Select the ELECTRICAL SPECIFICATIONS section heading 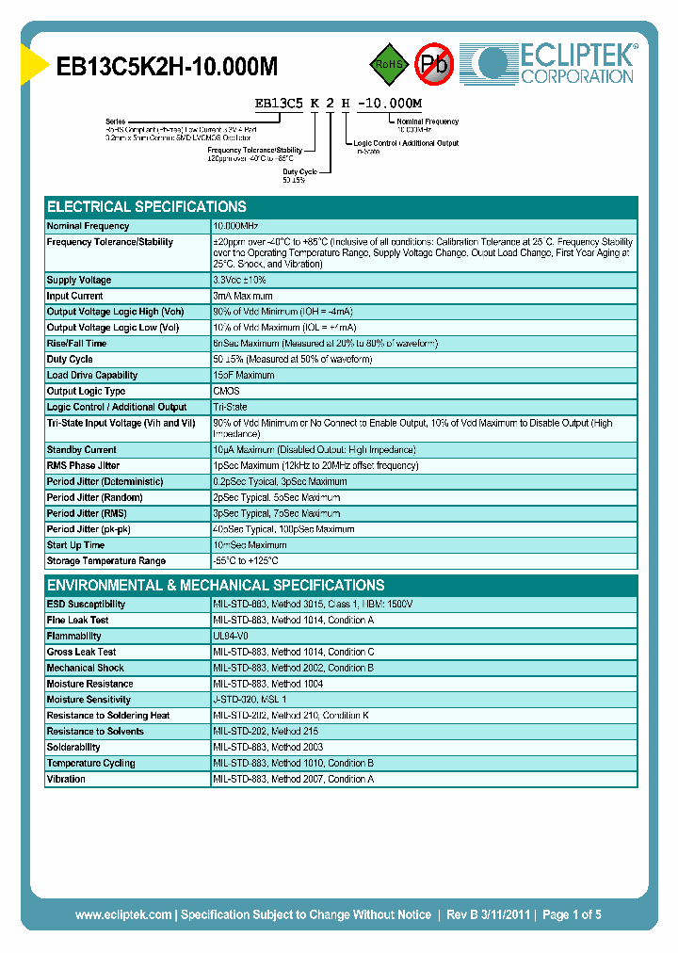[147, 206]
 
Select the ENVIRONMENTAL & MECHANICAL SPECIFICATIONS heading [216, 585]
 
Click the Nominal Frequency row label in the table [89, 226]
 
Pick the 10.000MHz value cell [236, 226]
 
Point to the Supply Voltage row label [79, 281]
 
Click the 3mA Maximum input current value [243, 297]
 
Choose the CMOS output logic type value [227, 392]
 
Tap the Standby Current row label [82, 450]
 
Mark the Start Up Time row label [76, 545]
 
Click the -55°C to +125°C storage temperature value [246, 561]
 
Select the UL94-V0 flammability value [232, 637]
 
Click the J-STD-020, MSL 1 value [250, 700]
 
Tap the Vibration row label [66, 780]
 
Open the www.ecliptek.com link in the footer [123, 914]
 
